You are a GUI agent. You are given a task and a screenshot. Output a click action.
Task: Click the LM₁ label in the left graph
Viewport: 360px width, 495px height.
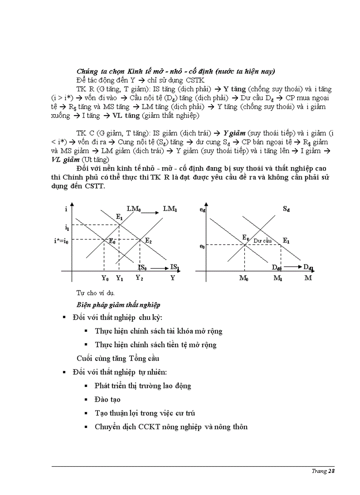pyautogui.click(x=170, y=208)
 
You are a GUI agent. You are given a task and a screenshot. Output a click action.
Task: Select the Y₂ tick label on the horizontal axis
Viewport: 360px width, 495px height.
pyautogui.click(x=139, y=278)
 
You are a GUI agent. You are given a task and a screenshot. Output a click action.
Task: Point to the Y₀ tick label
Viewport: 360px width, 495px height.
pyautogui.click(x=105, y=278)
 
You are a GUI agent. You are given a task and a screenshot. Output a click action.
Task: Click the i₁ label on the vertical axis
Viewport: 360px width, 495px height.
pyautogui.click(x=67, y=228)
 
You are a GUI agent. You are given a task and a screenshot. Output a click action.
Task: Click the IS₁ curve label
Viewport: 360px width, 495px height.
pyautogui.click(x=174, y=267)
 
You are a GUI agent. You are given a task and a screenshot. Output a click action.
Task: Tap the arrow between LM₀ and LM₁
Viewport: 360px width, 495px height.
pyautogui.click(x=150, y=213)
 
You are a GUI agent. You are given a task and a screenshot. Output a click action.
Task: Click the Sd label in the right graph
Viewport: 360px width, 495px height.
pyautogui.click(x=286, y=208)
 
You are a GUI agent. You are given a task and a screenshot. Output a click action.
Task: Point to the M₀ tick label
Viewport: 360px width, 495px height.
pyautogui.click(x=244, y=278)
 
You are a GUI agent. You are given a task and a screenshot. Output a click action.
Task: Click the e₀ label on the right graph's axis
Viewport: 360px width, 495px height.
pyautogui.click(x=202, y=246)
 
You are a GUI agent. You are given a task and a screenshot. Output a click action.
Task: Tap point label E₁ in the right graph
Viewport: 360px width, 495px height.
pyautogui.click(x=286, y=240)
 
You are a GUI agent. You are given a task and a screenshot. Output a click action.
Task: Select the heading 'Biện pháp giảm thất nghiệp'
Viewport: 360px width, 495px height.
pyautogui.click(x=118, y=305)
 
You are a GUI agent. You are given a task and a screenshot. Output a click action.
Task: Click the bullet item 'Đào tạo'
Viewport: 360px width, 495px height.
pyautogui.click(x=108, y=399)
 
